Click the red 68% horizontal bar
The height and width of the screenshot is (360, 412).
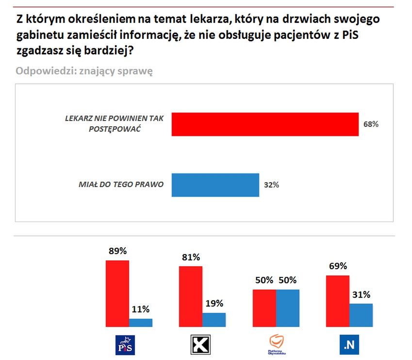coord(265,124)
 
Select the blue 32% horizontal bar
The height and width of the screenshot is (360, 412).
coord(215,185)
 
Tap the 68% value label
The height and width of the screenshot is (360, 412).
coord(371,124)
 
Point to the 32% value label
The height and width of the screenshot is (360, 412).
coord(272,185)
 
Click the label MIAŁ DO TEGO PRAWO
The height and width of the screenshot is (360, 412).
coord(121,185)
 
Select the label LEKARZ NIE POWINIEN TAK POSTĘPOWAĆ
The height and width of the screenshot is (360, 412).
coord(115,124)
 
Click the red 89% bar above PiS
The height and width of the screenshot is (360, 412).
coord(117,293)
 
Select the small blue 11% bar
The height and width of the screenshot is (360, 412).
coord(141,322)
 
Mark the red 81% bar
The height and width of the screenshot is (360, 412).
coord(191,296)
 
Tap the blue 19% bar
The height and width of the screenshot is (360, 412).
coord(214,319)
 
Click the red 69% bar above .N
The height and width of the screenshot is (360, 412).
coord(337,301)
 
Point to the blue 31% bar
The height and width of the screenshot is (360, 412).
coord(361,315)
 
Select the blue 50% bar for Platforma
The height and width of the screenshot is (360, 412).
coord(288,308)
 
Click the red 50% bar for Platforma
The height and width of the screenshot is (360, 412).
coord(264,308)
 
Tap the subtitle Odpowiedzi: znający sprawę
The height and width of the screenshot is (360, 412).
coord(84,71)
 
